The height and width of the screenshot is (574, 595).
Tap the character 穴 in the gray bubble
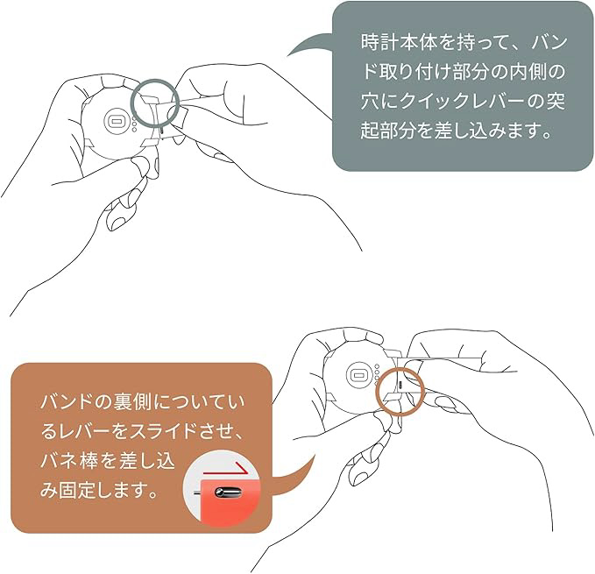[370, 102]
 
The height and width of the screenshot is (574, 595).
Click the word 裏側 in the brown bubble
[133, 402]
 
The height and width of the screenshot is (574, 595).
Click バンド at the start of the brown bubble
[68, 402]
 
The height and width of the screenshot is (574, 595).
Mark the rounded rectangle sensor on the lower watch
[357, 375]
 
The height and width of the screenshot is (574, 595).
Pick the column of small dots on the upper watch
[134, 124]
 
